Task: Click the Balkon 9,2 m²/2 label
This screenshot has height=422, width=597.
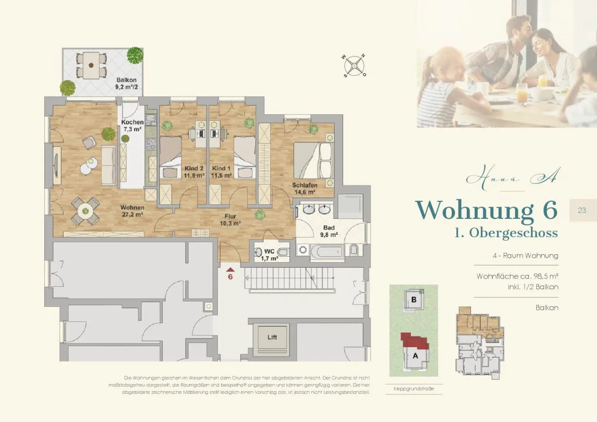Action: (x=126, y=84)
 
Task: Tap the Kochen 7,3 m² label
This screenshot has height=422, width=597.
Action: (x=132, y=125)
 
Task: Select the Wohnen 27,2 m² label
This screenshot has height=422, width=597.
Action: (x=132, y=211)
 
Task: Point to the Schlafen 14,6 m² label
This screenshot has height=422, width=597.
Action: (x=305, y=189)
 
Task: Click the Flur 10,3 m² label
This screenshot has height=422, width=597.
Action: (x=230, y=220)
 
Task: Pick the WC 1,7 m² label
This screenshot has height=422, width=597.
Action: (x=269, y=255)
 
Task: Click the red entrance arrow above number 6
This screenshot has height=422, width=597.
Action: (x=230, y=270)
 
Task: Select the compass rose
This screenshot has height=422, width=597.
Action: (x=354, y=66)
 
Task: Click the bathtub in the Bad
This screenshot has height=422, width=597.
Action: (x=327, y=251)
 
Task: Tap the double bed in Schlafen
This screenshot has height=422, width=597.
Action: (x=314, y=160)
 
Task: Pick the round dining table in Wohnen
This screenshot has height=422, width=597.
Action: (x=85, y=211)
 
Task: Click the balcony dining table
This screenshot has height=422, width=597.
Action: (x=91, y=65)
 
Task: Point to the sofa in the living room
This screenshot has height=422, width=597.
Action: (x=109, y=166)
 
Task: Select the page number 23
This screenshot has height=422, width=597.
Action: (x=581, y=211)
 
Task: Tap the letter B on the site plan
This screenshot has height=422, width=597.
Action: (x=414, y=299)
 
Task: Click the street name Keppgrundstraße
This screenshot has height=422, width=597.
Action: (x=414, y=388)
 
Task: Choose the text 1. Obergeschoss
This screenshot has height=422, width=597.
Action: (x=506, y=233)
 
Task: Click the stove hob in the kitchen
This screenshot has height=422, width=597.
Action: (x=151, y=144)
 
